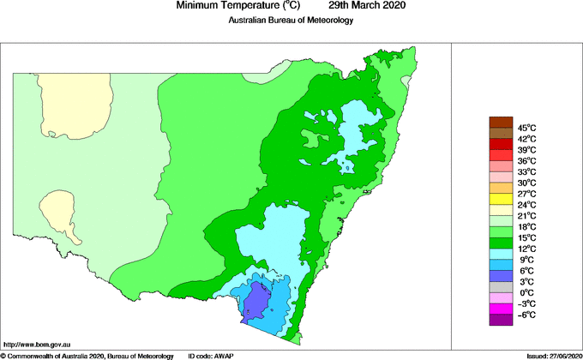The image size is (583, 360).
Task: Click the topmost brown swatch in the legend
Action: click(x=501, y=122)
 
